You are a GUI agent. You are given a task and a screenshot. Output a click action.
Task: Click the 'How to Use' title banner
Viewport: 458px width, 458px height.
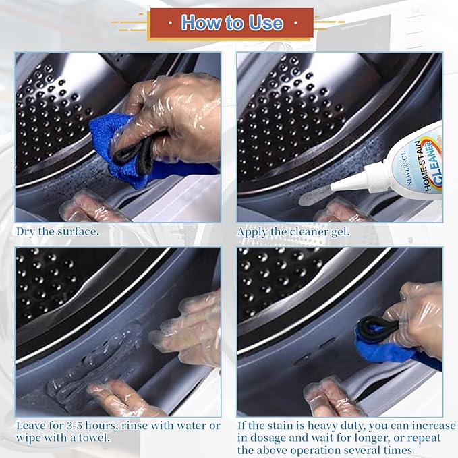(x=231, y=23)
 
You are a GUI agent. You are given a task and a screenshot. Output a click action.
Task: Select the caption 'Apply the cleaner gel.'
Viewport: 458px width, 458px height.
(x=293, y=231)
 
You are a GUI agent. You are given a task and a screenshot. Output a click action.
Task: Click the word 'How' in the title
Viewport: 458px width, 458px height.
(x=200, y=23)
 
